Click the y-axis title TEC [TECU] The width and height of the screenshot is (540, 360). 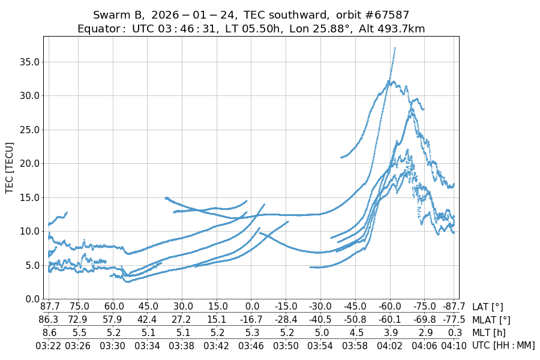pyautogui.click(x=10, y=167)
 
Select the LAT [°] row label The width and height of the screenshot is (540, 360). pyautogui.click(x=488, y=307)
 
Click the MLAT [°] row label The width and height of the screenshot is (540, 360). pyautogui.click(x=491, y=320)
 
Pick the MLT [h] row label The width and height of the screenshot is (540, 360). pyautogui.click(x=489, y=332)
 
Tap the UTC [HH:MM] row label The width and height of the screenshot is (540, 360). pyautogui.click(x=503, y=345)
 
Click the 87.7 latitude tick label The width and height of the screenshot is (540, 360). pyautogui.click(x=49, y=307)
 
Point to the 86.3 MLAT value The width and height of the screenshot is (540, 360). pyautogui.click(x=49, y=320)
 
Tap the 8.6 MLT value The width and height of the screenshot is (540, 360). pyautogui.click(x=49, y=332)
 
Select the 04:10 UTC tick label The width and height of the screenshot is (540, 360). pyautogui.click(x=454, y=345)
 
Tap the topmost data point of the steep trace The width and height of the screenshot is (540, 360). pyautogui.click(x=395, y=48)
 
